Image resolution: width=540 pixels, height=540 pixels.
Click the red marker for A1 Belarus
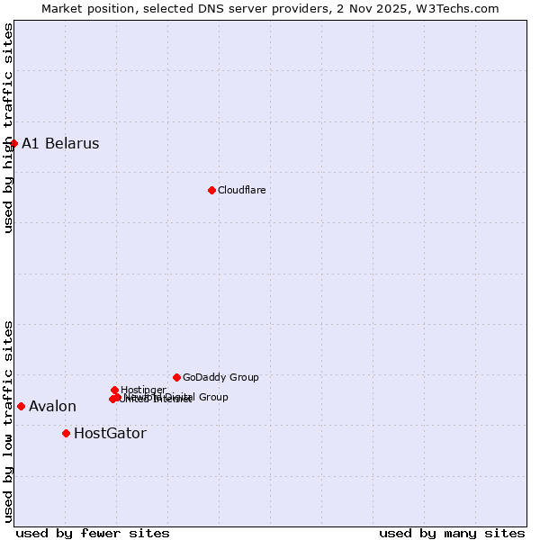[13, 143]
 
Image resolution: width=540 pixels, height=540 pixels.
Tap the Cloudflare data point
[211, 190]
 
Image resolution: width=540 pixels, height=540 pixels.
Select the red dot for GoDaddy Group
[176, 377]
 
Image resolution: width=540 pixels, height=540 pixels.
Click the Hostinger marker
[114, 390]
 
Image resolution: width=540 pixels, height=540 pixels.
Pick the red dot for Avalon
[21, 406]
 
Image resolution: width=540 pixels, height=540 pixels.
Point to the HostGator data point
[66, 433]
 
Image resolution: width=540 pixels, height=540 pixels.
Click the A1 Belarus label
[60, 144]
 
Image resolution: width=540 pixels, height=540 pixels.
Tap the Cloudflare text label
[241, 190]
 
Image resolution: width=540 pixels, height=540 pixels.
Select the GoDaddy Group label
[220, 377]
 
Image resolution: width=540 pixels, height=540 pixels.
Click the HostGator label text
[110, 434]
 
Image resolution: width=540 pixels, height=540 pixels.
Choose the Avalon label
[52, 407]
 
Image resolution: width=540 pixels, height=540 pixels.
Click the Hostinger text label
[143, 390]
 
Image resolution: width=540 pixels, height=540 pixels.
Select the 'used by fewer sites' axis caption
[93, 533]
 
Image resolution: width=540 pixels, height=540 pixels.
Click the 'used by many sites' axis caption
[452, 533]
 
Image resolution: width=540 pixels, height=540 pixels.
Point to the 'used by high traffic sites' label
[8, 129]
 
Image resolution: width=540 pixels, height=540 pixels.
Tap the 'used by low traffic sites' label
[8, 421]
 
